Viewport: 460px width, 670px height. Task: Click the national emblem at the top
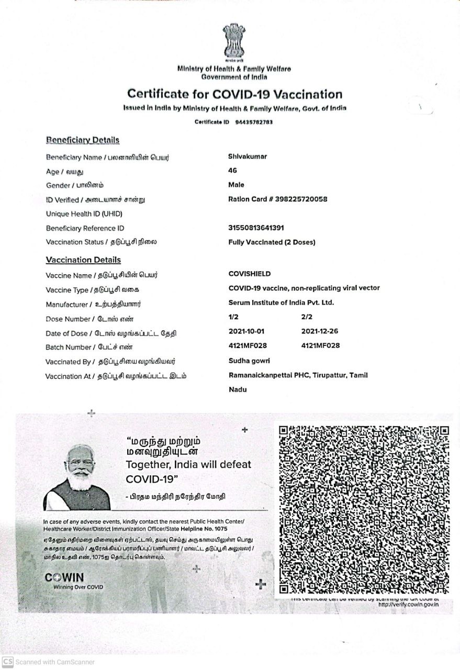[233, 41]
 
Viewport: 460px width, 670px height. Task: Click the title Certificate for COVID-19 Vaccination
[234, 94]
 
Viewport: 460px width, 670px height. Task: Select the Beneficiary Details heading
[83, 140]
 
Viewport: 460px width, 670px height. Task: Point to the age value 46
[233, 171]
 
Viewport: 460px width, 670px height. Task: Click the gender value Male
[236, 185]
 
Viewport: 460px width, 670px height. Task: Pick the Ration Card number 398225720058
[298, 199]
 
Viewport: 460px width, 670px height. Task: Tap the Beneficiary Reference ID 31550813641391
[256, 228]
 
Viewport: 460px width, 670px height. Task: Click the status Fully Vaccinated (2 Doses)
[272, 242]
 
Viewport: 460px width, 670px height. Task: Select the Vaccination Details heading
[83, 260]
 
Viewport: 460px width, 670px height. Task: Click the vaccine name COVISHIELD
[250, 274]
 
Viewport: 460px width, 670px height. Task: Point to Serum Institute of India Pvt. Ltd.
[281, 303]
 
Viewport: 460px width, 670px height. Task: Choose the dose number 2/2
[307, 317]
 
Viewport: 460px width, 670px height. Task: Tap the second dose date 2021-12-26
[320, 331]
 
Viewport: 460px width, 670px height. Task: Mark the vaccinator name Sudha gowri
[249, 361]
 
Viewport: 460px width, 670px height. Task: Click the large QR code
[364, 509]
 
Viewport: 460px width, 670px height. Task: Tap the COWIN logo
[64, 577]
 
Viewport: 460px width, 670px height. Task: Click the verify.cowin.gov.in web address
[408, 605]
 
